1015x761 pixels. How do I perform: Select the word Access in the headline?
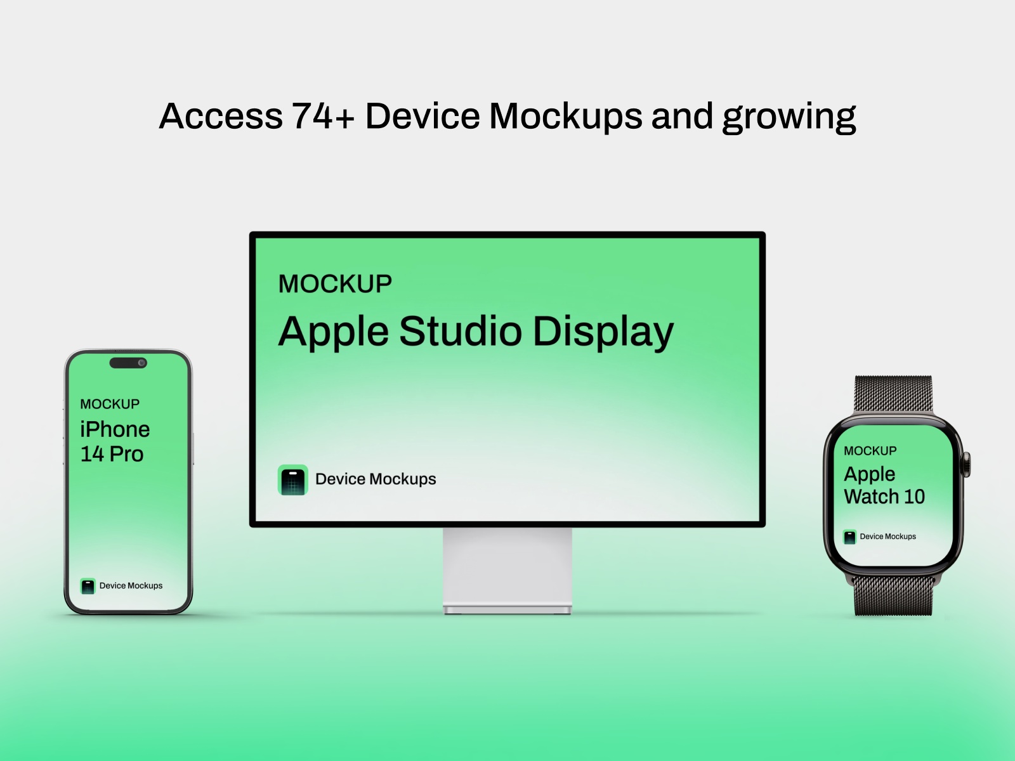pos(221,117)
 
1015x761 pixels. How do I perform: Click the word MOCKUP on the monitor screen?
pos(335,284)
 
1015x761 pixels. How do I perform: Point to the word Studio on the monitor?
pos(461,331)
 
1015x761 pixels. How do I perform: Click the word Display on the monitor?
pos(603,332)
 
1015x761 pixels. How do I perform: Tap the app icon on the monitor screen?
pos(293,479)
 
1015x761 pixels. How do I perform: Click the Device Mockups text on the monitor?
pos(376,479)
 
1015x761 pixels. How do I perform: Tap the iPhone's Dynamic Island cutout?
pos(128,363)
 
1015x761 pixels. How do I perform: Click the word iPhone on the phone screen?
pos(115,429)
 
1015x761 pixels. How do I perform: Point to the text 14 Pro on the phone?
pos(112,454)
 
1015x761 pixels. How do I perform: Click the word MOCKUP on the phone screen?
pos(110,404)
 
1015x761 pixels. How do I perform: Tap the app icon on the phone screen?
pos(88,586)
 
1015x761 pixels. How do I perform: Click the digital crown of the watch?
pos(967,464)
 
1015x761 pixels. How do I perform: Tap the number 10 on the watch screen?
pos(914,497)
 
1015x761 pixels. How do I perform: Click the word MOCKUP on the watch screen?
pos(870,451)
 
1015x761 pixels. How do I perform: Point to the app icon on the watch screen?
pos(849,537)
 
